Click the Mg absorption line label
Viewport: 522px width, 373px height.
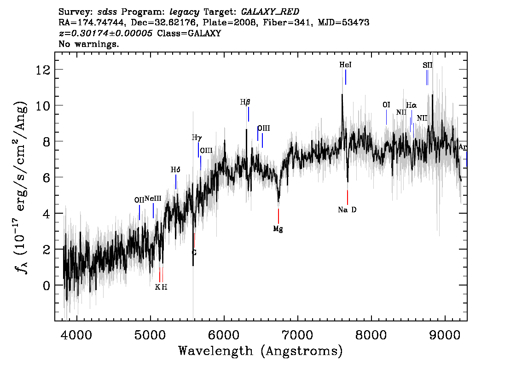(x=278, y=229)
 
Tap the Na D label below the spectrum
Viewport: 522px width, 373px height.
(x=347, y=210)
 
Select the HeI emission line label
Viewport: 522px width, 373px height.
(x=346, y=65)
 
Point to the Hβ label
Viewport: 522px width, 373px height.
(x=245, y=102)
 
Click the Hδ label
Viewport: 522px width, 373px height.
(x=175, y=170)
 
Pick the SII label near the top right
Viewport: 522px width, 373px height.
(x=428, y=65)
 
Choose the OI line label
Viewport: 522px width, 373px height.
(x=386, y=105)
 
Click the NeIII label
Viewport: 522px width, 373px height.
(x=153, y=198)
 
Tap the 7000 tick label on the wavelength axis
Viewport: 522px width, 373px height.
(x=297, y=335)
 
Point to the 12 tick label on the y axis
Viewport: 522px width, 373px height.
(x=43, y=70)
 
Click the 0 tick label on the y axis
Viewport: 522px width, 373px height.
(x=46, y=286)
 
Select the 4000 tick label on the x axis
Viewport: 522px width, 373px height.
(x=76, y=335)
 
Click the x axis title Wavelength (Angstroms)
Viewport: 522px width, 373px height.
(x=261, y=351)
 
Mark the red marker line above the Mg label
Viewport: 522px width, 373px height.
(x=278, y=216)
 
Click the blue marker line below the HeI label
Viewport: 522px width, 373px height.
(x=346, y=77)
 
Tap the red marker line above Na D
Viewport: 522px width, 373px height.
(x=348, y=197)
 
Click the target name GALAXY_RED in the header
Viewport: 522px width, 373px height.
(x=270, y=12)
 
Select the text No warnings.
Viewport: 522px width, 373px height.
(x=89, y=44)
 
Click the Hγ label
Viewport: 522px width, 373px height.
(x=197, y=138)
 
